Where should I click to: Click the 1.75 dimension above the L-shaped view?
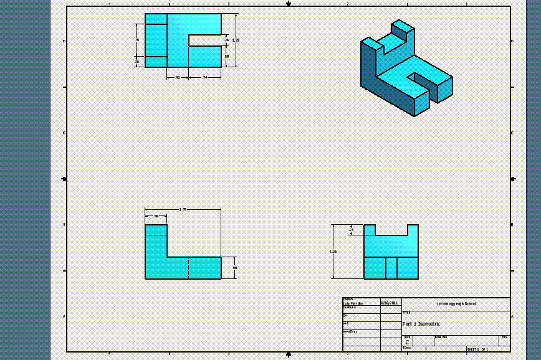click(x=183, y=209)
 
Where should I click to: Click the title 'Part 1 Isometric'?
click(x=422, y=324)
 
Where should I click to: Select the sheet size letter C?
click(x=407, y=342)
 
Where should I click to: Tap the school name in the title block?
click(x=456, y=304)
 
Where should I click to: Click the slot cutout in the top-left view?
click(x=205, y=40)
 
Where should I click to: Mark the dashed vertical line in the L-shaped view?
click(x=189, y=268)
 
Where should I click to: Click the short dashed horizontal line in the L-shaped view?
click(x=156, y=235)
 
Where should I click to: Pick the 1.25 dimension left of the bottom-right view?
click(x=333, y=252)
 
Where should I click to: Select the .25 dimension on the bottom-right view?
click(x=351, y=230)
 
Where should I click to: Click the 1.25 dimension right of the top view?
click(x=235, y=40)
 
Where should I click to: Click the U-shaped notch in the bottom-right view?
click(x=391, y=230)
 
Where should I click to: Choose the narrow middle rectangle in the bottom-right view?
click(x=391, y=268)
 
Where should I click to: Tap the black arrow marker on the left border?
click(x=64, y=179)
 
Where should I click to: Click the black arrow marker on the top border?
click(x=289, y=4)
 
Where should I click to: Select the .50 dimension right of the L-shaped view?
click(x=235, y=267)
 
